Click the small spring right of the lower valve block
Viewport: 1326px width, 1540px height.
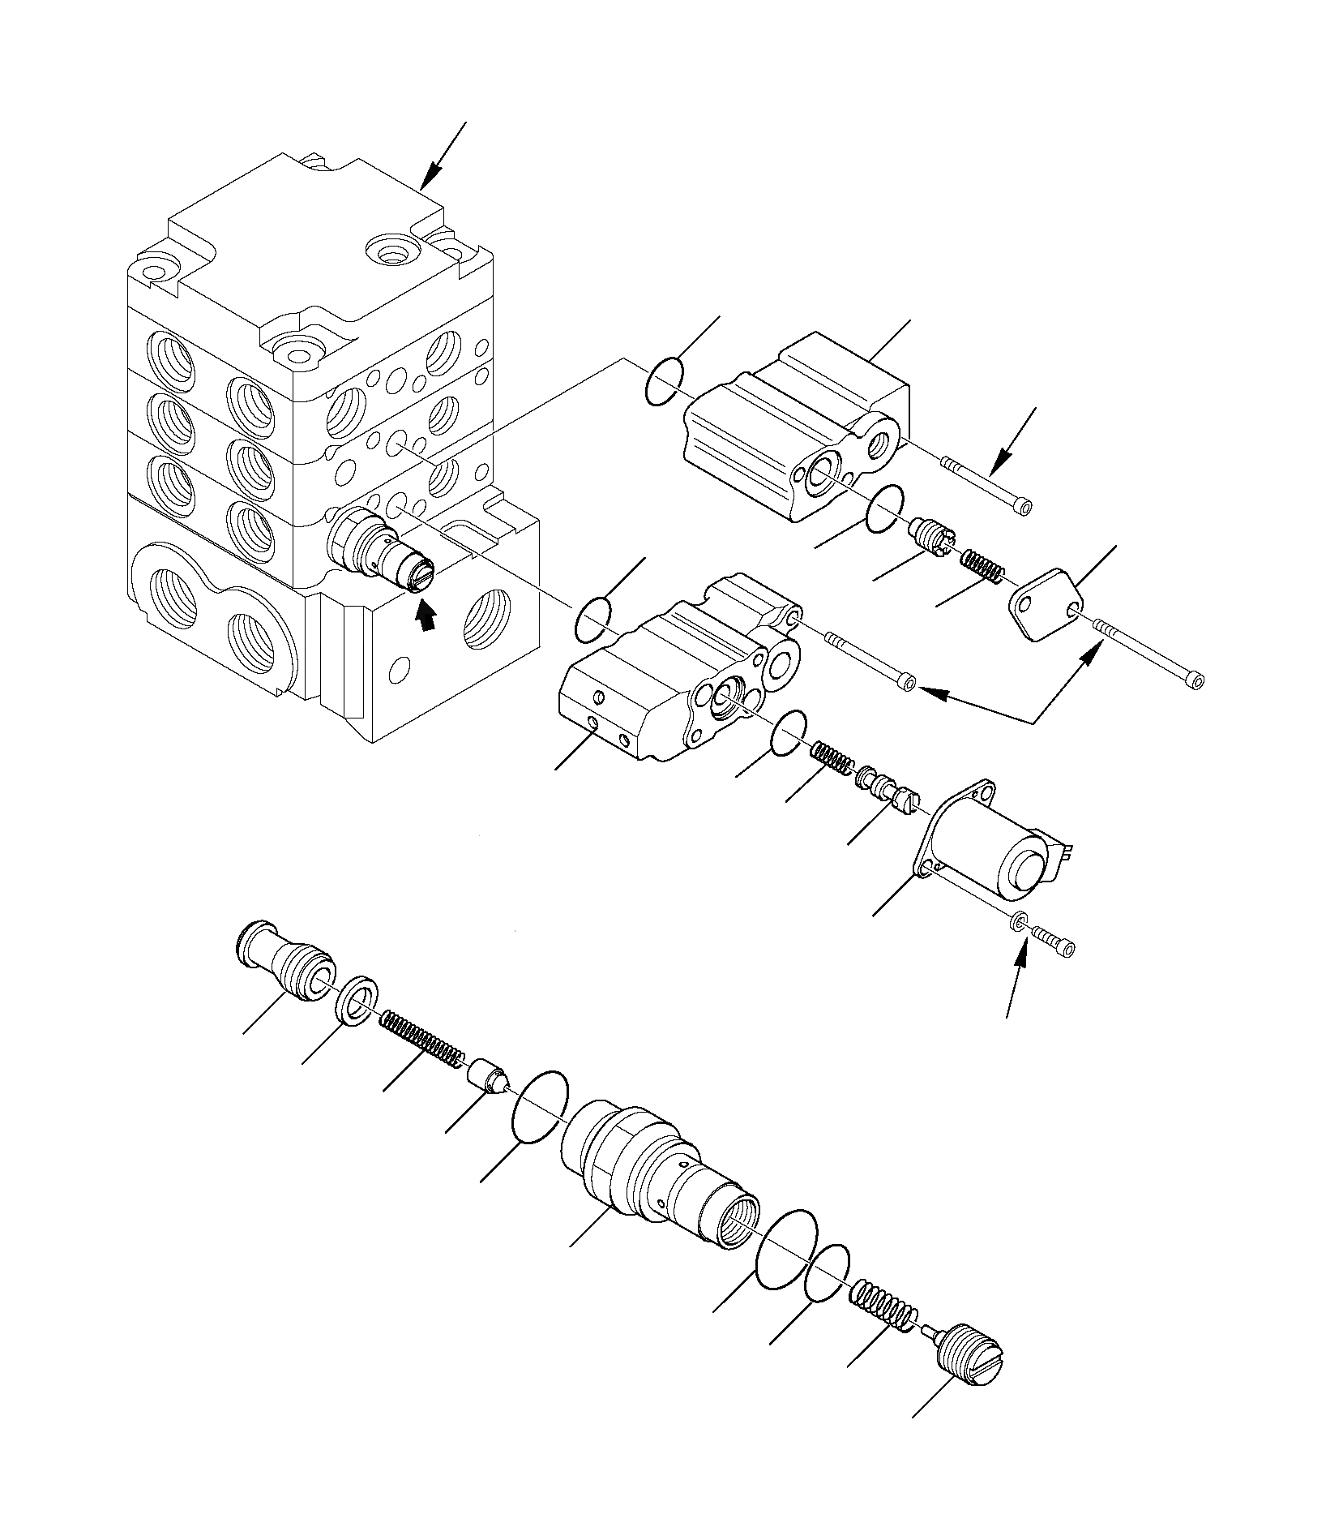click(832, 757)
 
